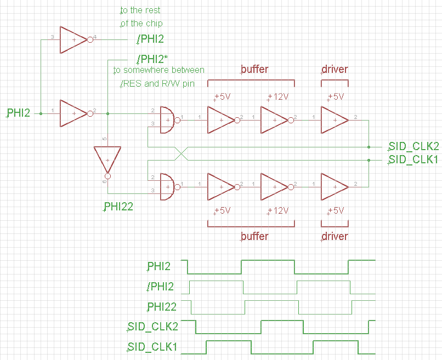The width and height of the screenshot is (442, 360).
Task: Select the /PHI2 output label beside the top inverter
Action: [x=150, y=39]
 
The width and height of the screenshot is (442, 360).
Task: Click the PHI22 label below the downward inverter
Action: [x=118, y=207]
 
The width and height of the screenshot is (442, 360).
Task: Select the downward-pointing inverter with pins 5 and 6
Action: [x=107, y=161]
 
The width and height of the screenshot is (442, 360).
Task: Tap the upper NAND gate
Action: [x=167, y=120]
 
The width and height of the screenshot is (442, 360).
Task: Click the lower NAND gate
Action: [x=167, y=186]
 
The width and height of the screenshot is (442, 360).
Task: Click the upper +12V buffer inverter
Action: [x=274, y=120]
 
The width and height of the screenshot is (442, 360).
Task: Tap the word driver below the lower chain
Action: [x=335, y=236]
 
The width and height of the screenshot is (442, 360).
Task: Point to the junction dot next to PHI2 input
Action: [x=41, y=113]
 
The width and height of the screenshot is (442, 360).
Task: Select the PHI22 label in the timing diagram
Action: [x=162, y=306]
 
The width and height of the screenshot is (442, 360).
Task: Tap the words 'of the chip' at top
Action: [x=142, y=24]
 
